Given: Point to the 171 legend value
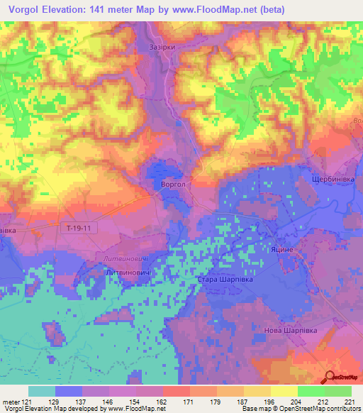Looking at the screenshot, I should point(176,401).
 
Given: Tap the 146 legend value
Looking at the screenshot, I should point(104,401).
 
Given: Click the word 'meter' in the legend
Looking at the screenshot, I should point(11,401).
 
